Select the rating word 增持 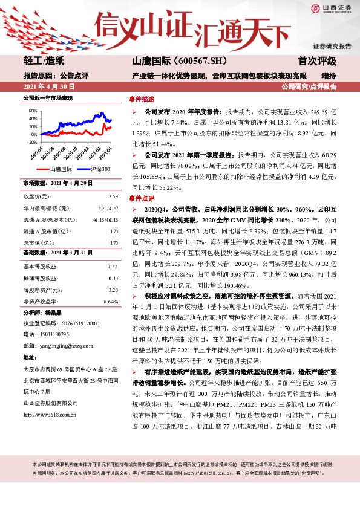(329, 76)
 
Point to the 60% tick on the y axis (30, 111)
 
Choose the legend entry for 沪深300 (96, 170)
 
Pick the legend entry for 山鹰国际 (59, 170)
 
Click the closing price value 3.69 (113, 196)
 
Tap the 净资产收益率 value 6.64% (111, 301)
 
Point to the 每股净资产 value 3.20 (113, 290)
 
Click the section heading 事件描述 (142, 99)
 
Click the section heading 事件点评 (142, 198)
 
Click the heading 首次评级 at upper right (317, 61)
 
